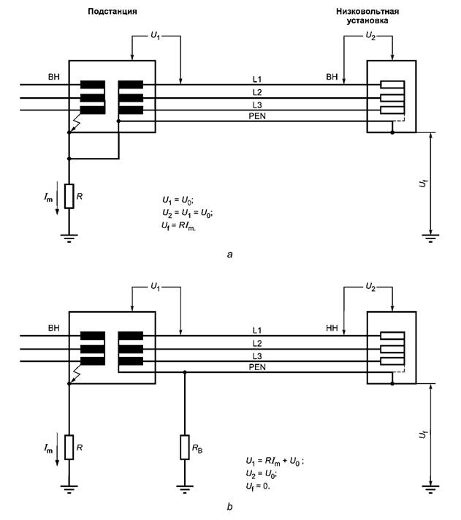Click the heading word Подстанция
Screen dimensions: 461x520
pos(113,12)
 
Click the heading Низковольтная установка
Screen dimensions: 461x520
pos(367,16)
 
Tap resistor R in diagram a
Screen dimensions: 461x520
pos(69,196)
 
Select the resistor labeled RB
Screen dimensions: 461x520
pos(185,447)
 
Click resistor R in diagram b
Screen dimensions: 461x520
pos(69,447)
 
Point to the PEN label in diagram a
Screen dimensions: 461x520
pos(257,116)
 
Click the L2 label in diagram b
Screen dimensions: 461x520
pos(257,343)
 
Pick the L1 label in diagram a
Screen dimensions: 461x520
pos(257,79)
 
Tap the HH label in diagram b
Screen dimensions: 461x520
pos(332,328)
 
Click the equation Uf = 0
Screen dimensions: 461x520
pos(258,486)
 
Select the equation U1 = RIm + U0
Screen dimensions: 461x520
pos(275,461)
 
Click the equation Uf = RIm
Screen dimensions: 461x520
pos(178,226)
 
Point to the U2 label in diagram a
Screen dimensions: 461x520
pos(370,36)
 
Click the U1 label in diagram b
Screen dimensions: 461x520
pos(156,287)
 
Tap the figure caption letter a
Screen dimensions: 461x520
pos(230,255)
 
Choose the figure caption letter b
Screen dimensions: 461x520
pos(230,506)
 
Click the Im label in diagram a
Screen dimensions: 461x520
pos(48,197)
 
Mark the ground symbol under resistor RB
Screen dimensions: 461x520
pos(185,489)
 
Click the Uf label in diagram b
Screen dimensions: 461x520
pos(423,434)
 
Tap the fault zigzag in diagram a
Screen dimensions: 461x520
pos(76,123)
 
